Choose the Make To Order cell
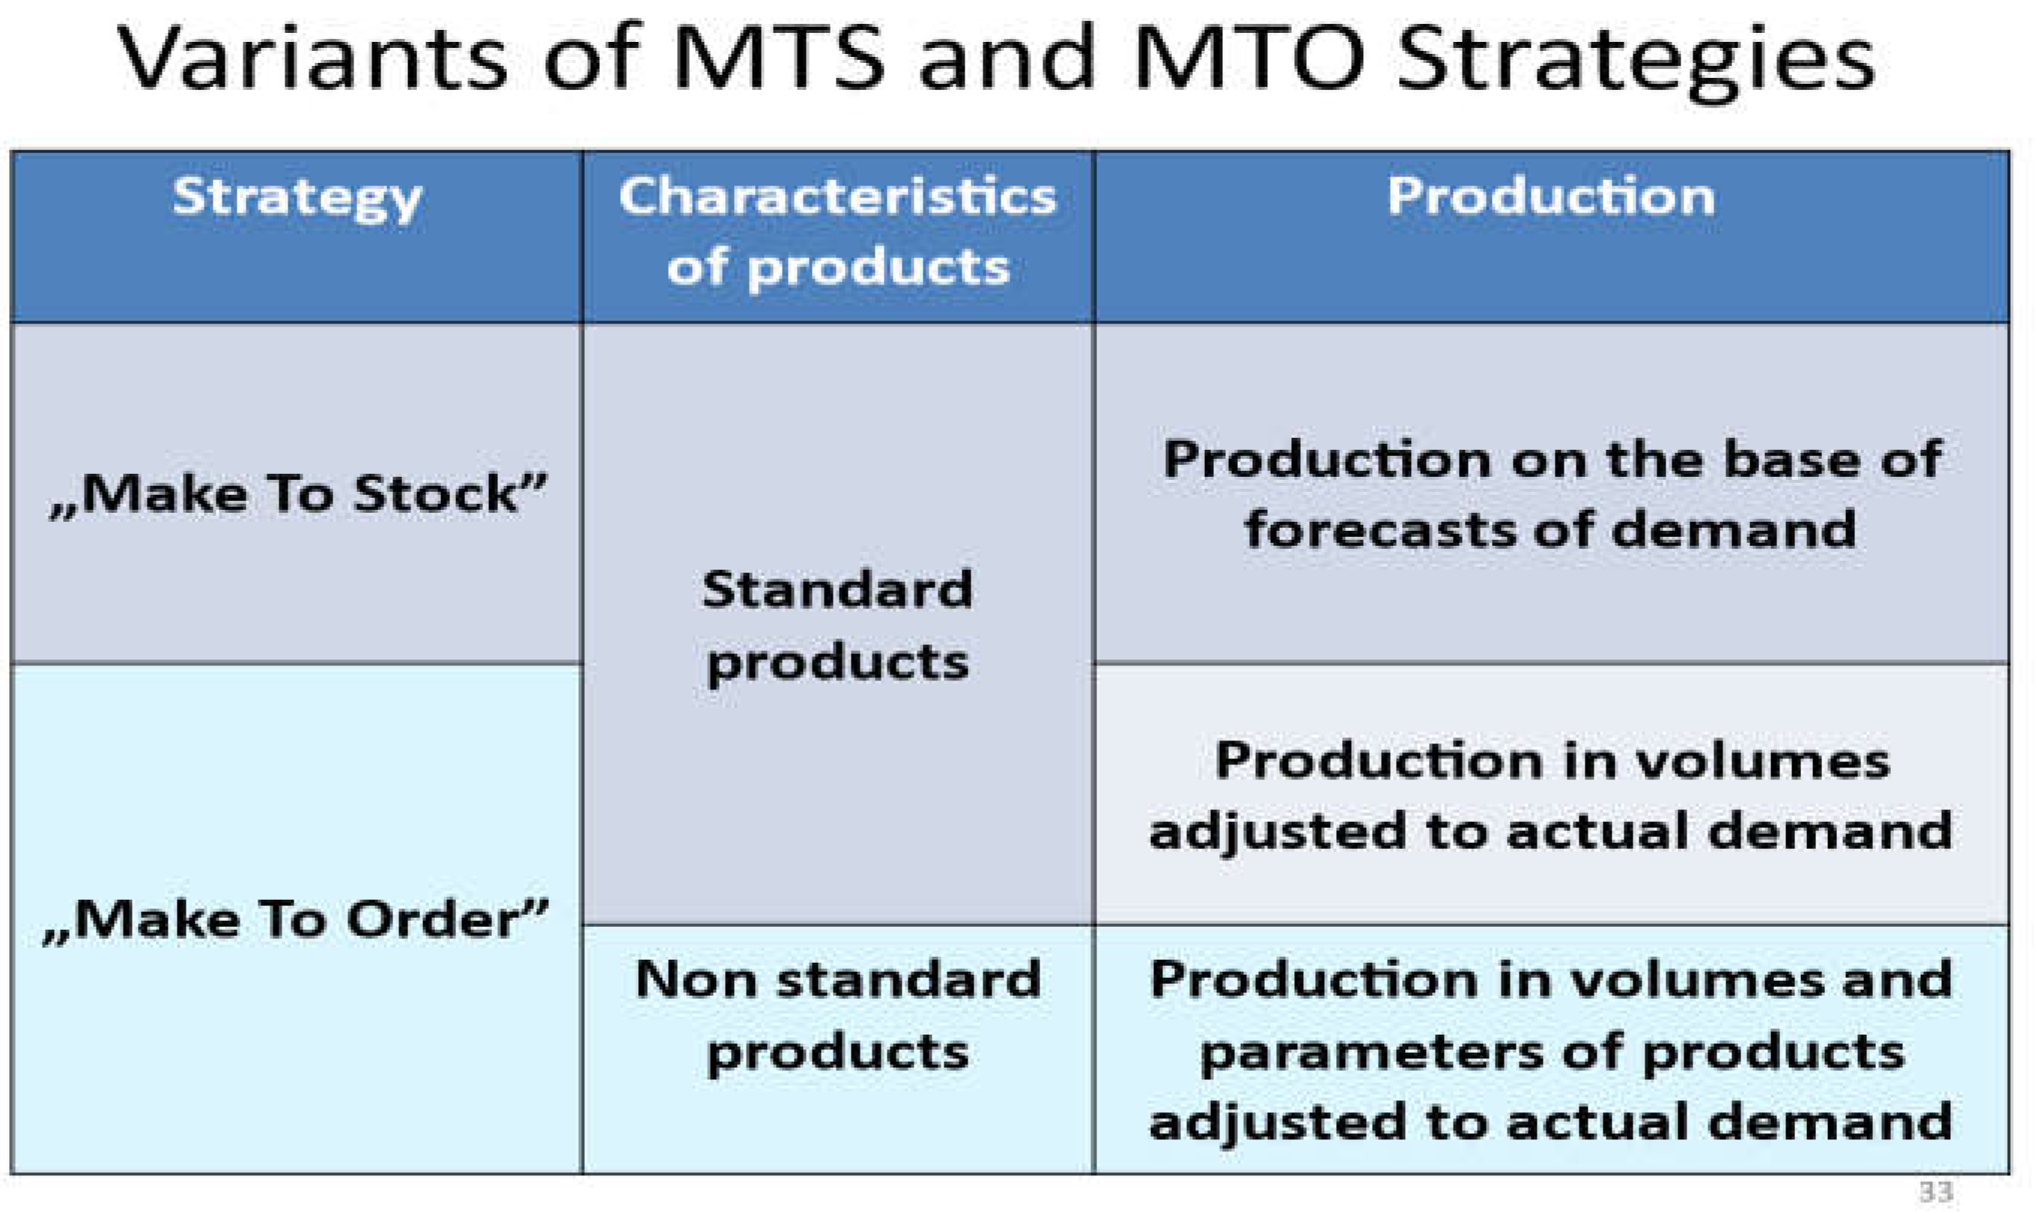pos(296,919)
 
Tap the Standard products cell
pos(838,626)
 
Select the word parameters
pos(1372,1053)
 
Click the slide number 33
pos(1936,1191)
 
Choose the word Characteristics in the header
pos(838,197)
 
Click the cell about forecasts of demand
pos(1551,493)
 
